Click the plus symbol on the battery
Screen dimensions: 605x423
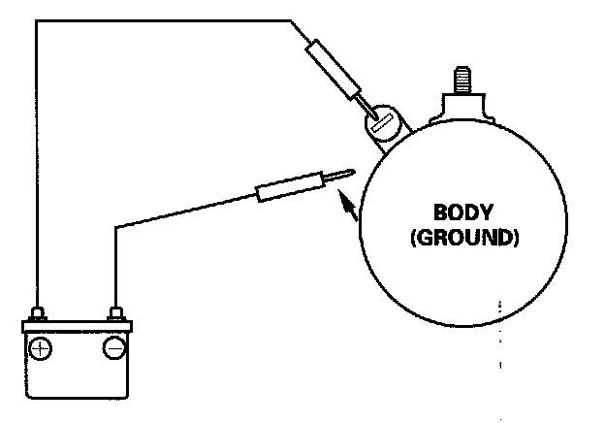click(40, 348)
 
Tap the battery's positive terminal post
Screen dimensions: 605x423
click(38, 313)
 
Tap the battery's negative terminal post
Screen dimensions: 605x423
click(116, 313)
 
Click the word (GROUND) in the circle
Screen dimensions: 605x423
click(463, 236)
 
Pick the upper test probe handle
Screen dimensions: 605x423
click(333, 67)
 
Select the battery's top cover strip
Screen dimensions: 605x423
click(78, 326)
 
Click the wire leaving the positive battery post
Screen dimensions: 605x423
click(36, 194)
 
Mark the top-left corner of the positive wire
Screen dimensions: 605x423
click(36, 19)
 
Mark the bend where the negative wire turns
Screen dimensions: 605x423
click(116, 227)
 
